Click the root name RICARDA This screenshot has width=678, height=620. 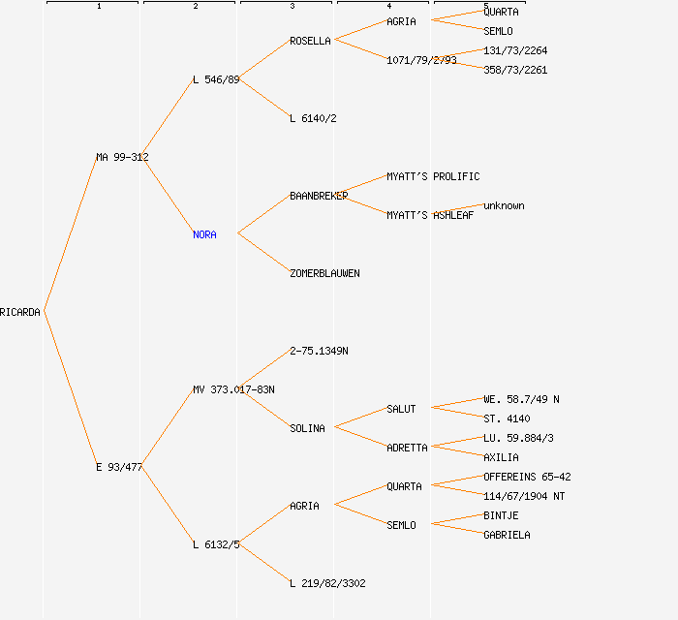(20, 312)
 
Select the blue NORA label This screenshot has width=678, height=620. (204, 234)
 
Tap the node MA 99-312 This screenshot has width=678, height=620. (122, 157)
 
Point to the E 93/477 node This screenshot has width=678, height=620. (119, 467)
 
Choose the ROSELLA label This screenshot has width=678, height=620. (310, 41)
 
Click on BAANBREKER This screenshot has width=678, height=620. (319, 196)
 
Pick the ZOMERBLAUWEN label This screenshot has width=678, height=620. (324, 273)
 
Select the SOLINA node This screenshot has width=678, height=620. (307, 428)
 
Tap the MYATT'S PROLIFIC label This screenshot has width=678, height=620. (433, 176)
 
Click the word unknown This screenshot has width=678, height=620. (504, 205)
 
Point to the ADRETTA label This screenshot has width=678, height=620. (407, 448)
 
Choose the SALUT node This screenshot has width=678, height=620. (401, 409)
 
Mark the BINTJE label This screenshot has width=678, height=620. (501, 515)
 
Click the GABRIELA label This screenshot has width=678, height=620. (507, 535)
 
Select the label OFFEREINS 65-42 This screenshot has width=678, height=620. (527, 477)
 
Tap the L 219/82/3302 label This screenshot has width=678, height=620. (327, 583)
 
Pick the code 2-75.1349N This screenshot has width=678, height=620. (319, 351)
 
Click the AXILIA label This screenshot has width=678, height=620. (501, 457)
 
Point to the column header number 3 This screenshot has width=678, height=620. (292, 7)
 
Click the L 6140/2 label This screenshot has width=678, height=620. (313, 118)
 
